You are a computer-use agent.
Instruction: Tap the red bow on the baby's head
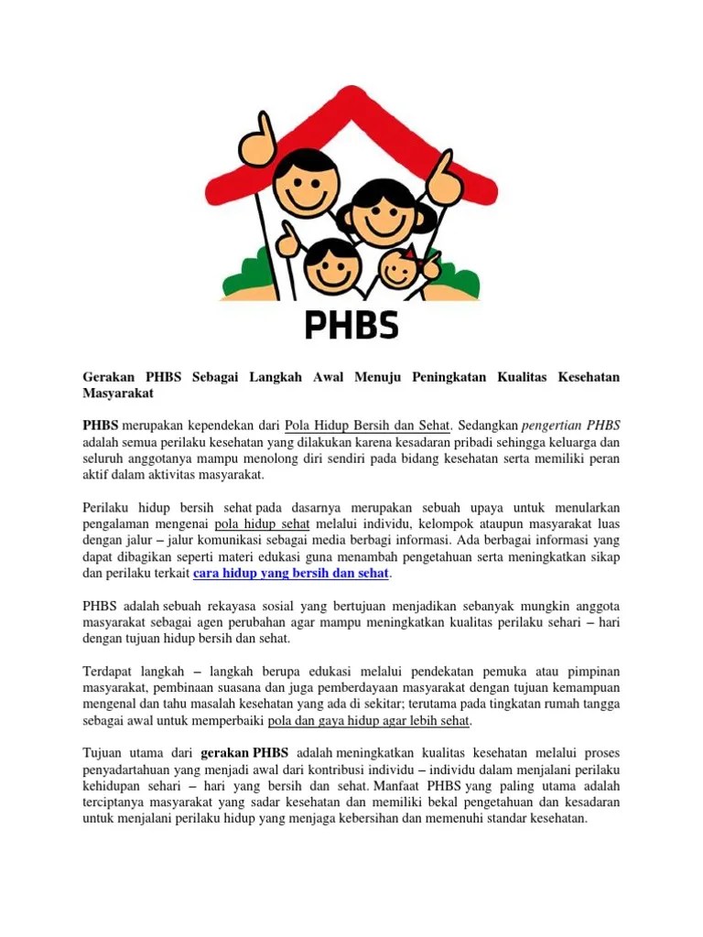pos(409,253)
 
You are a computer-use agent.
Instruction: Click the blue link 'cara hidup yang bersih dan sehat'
pos(291,574)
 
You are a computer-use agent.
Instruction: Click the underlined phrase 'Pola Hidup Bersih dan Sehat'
pos(367,425)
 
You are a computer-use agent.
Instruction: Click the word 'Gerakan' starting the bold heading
pos(108,377)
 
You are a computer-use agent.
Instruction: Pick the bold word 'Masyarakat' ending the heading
pos(117,393)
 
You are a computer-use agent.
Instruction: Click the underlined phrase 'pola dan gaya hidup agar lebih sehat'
pos(368,721)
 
